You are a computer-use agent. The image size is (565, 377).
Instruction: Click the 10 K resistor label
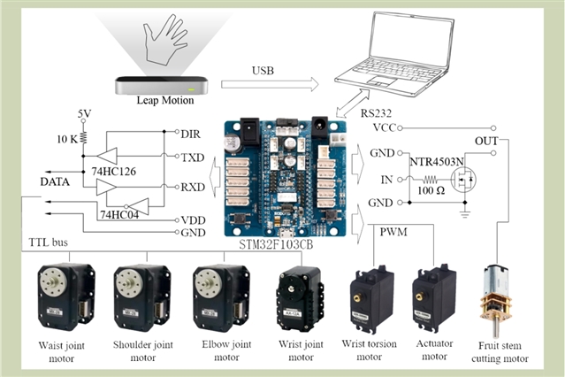[x=68, y=140]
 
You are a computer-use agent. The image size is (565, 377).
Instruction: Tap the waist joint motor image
[x=63, y=297]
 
